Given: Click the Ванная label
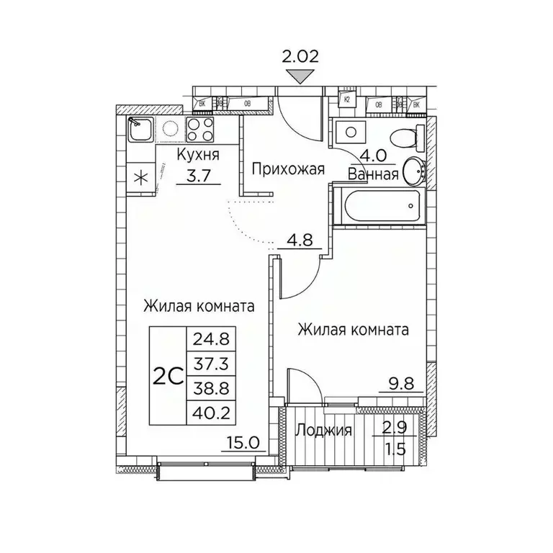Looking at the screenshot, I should pyautogui.click(x=373, y=174).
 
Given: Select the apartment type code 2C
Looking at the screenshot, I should pyautogui.click(x=167, y=375).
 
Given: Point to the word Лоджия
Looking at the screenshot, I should pyautogui.click(x=323, y=431).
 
